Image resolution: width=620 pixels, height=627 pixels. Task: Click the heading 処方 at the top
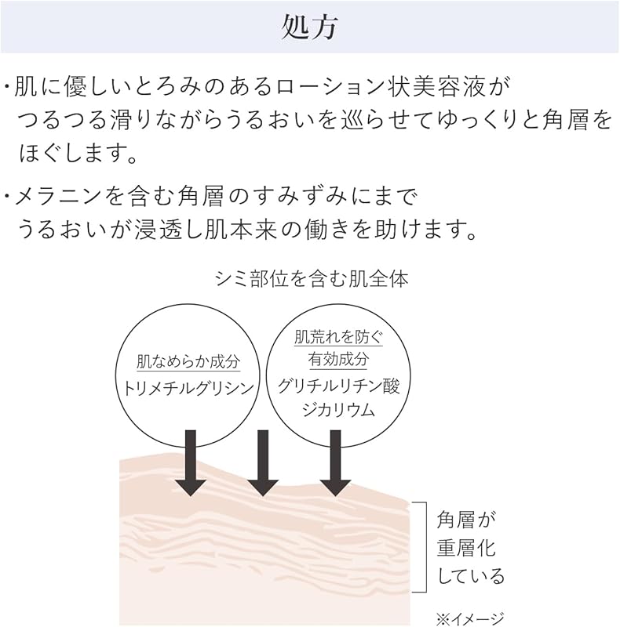click(309, 27)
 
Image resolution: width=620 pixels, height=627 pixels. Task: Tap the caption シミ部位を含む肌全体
click(311, 279)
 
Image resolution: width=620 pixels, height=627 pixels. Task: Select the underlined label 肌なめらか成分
click(188, 362)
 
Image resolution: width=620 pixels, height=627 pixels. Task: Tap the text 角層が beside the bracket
click(468, 519)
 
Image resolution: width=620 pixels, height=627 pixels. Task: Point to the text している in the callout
click(471, 577)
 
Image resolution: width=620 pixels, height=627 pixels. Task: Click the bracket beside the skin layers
click(424, 546)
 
